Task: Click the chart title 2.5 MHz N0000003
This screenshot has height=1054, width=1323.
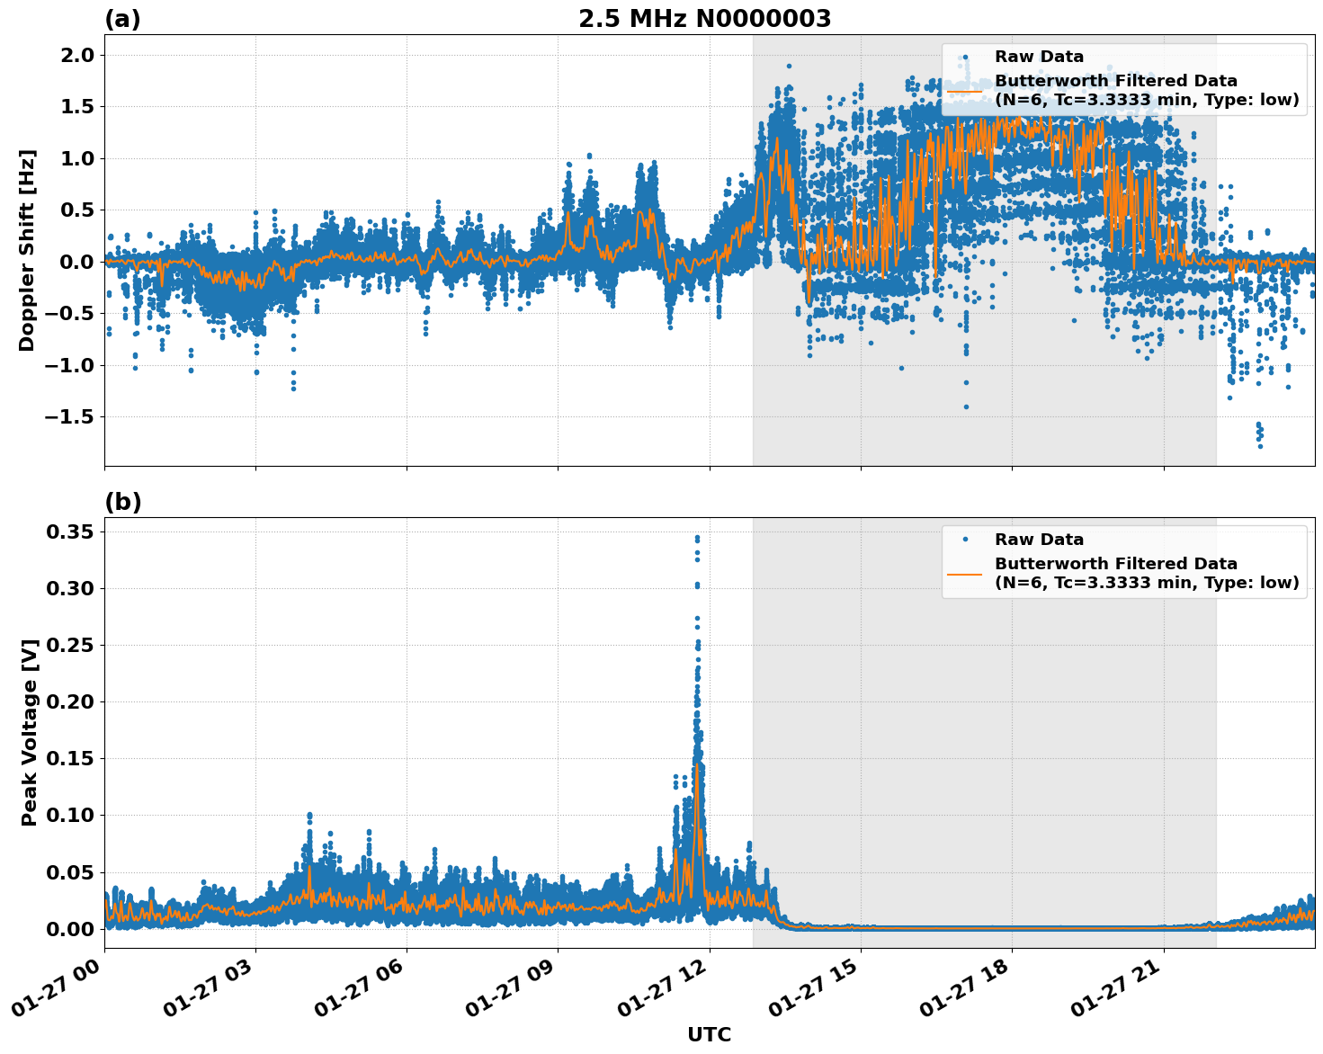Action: [x=704, y=19]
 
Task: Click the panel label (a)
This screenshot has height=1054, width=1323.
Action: [x=122, y=19]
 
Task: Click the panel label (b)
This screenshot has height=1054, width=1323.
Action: [x=122, y=502]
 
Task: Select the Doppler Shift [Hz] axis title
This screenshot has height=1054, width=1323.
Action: [x=27, y=250]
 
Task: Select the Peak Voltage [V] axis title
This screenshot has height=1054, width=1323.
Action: [x=30, y=732]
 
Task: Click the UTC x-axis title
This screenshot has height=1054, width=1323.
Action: [x=709, y=1034]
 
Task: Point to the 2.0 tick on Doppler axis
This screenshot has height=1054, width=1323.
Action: [x=75, y=56]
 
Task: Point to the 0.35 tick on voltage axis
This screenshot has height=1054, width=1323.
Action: [x=69, y=532]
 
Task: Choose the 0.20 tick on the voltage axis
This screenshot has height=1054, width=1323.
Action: [x=69, y=702]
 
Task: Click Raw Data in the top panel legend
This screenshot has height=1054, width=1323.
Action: [x=1039, y=57]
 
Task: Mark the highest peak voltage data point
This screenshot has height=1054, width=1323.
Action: [x=697, y=538]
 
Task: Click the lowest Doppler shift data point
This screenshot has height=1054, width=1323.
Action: [x=1260, y=446]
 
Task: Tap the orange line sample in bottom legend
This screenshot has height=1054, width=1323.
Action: [x=964, y=573]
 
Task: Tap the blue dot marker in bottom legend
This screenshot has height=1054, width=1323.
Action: [x=964, y=540]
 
